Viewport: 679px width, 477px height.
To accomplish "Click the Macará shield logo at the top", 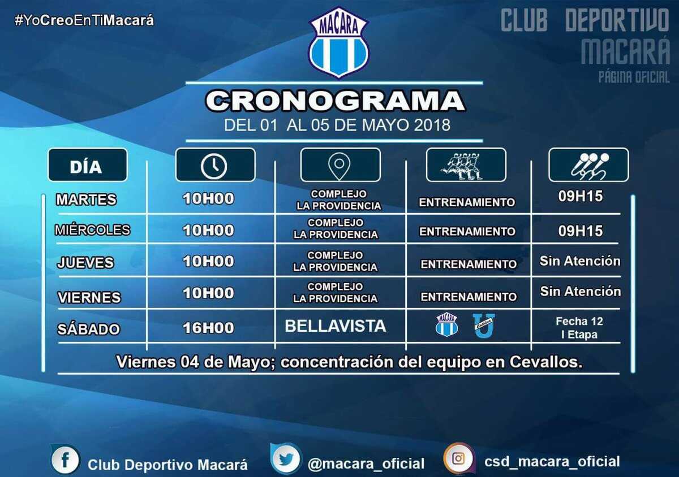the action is point(338,42).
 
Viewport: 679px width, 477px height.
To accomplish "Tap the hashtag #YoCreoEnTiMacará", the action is point(84,20).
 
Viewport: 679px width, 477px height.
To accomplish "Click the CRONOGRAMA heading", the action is point(335,101).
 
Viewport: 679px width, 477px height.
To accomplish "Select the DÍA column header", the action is point(88,165).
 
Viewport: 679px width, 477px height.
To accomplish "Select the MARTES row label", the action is point(87,200).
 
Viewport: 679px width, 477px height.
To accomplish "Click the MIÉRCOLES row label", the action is point(92,230).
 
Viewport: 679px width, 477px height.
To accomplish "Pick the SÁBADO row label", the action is point(88,329).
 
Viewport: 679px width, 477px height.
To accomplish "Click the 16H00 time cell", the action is point(209,328).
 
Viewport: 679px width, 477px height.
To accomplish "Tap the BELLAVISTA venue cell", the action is point(335,326).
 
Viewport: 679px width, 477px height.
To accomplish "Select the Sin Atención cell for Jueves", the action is point(580,261).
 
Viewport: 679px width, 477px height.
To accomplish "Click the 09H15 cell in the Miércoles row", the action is point(581,231).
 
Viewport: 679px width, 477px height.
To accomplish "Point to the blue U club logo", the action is point(484,326).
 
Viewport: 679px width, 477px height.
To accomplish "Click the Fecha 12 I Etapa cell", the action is point(579,328).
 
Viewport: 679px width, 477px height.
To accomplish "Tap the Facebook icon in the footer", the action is point(65,459).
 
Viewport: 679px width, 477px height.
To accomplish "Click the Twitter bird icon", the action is point(285,458).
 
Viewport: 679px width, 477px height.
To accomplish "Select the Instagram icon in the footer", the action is point(458,458).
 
